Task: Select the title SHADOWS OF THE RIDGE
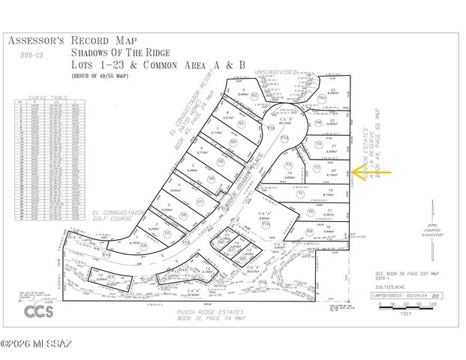tap(121, 53)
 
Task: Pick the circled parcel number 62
tap(254, 96)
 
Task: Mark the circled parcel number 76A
tap(321, 98)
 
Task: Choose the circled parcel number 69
tap(310, 232)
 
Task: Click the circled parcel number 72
tap(289, 165)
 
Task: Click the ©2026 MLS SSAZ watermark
tap(35, 344)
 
